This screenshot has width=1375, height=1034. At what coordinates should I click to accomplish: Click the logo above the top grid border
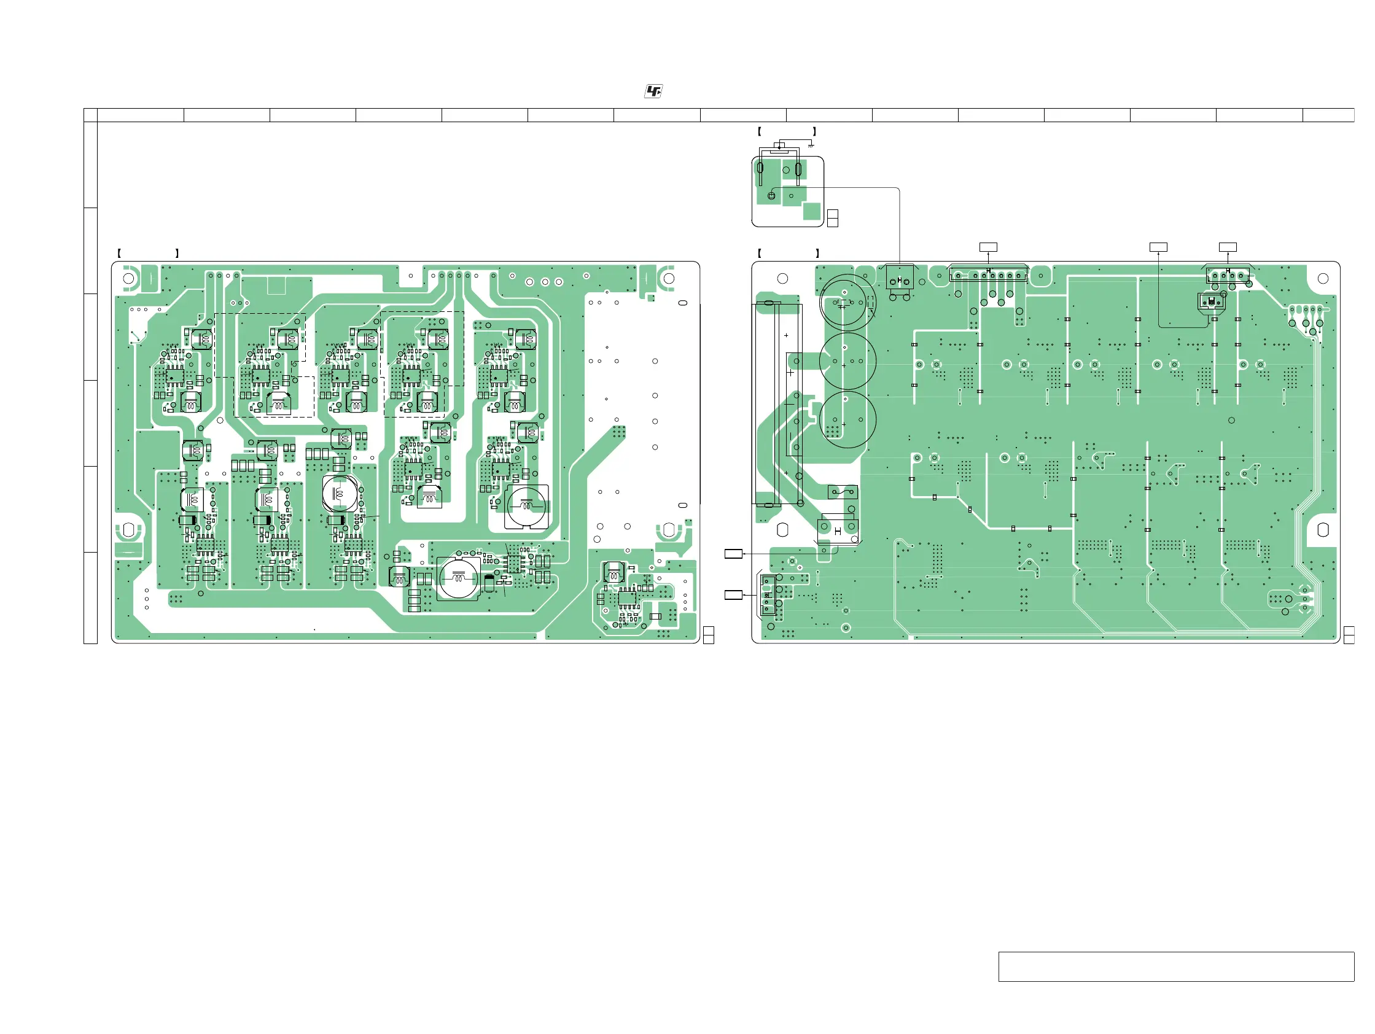653,91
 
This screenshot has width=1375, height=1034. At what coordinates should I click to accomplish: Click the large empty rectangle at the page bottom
1175,966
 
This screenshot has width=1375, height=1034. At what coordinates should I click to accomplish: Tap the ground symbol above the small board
811,146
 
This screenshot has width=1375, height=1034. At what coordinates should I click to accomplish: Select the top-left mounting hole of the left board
128,278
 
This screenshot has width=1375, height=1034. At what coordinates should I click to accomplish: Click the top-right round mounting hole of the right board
1323,278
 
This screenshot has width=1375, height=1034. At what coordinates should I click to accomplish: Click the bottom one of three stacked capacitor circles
848,419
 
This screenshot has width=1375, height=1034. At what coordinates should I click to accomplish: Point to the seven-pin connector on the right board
987,274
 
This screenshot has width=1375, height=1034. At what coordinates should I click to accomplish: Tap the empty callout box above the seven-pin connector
987,247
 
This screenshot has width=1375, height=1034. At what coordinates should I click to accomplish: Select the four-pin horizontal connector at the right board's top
1227,275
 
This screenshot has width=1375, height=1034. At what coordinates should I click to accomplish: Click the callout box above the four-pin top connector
1227,247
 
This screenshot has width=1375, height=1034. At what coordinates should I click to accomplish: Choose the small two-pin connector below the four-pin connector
1211,301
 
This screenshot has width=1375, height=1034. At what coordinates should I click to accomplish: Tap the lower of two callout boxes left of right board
733,596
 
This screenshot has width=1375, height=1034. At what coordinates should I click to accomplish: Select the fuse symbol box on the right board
843,493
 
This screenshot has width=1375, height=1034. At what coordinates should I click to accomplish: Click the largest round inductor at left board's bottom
458,578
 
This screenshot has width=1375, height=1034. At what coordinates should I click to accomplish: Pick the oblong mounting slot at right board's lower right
1323,529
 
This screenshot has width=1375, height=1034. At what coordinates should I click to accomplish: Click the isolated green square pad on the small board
811,211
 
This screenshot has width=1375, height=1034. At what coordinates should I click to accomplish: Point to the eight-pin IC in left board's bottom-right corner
626,599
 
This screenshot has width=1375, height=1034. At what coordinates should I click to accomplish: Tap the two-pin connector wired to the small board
900,281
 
